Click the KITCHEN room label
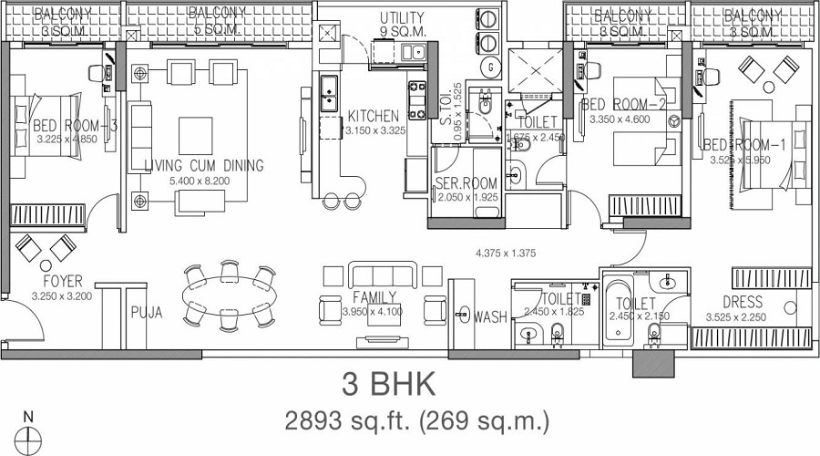[373, 116]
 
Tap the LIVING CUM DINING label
[204, 165]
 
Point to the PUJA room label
[146, 312]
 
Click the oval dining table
[228, 295]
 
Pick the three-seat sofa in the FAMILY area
[383, 275]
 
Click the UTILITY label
[401, 18]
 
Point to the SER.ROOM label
[466, 183]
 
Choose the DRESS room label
[742, 303]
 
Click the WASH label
[490, 316]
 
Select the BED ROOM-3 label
[63, 126]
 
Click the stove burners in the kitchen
[417, 100]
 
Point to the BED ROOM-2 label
[620, 104]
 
